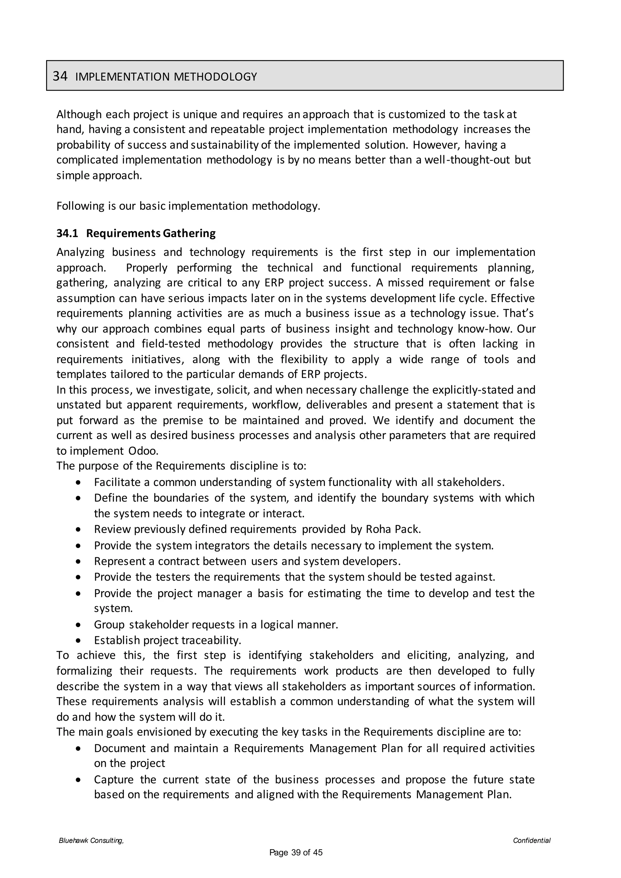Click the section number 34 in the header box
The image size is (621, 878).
coord(60,76)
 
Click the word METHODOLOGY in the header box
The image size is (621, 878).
coord(215,77)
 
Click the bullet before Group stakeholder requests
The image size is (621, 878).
coord(79,625)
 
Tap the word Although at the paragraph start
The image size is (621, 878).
coord(79,114)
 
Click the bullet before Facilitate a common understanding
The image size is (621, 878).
coord(79,483)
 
